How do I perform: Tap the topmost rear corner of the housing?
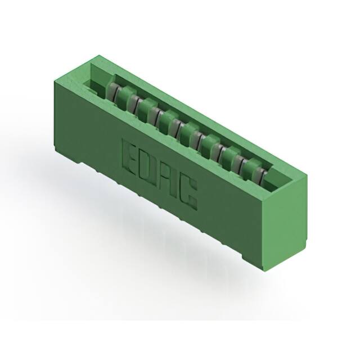pyautogui.click(x=97, y=56)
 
